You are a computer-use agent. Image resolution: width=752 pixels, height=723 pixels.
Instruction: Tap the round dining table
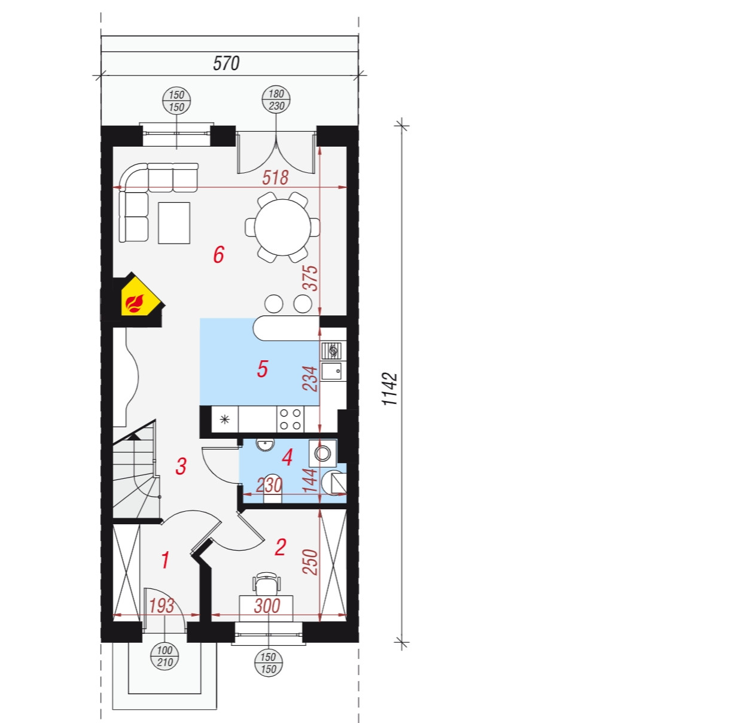pyautogui.click(x=282, y=227)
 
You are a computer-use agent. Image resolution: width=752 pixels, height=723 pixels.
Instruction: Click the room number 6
pyautogui.click(x=219, y=255)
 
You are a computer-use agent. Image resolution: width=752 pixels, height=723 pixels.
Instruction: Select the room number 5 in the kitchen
pyautogui.click(x=263, y=369)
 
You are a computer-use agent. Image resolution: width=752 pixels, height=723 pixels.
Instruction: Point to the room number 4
pyautogui.click(x=287, y=458)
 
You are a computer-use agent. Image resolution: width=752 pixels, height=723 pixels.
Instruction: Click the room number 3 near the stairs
pyautogui.click(x=181, y=466)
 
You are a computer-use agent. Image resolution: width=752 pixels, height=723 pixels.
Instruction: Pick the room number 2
pyautogui.click(x=280, y=548)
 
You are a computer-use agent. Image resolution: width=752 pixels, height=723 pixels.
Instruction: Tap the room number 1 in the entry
pyautogui.click(x=165, y=560)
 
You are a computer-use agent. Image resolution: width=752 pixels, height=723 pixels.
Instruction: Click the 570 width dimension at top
pyautogui.click(x=227, y=63)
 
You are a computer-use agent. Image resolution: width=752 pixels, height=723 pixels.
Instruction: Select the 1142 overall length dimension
pyautogui.click(x=390, y=389)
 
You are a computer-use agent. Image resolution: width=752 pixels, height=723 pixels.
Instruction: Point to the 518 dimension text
pyautogui.click(x=275, y=178)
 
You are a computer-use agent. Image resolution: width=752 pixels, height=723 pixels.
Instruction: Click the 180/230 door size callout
pyautogui.click(x=276, y=100)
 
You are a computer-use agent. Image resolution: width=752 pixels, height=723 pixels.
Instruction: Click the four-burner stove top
pyautogui.click(x=291, y=419)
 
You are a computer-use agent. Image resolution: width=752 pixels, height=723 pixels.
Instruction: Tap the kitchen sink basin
pyautogui.click(x=331, y=371)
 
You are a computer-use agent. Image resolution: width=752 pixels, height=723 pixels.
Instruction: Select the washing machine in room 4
pyautogui.click(x=322, y=452)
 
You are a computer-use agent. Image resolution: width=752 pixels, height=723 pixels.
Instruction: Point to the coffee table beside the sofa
pyautogui.click(x=174, y=223)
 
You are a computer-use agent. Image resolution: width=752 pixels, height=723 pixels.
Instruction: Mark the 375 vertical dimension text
pyautogui.click(x=310, y=278)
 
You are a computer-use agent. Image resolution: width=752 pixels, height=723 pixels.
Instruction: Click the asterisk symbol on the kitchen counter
pyautogui.click(x=225, y=419)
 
